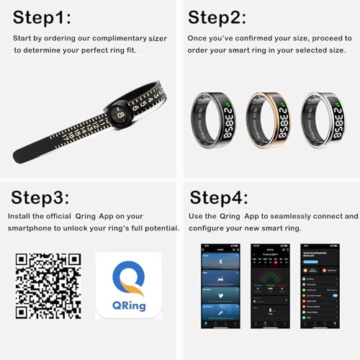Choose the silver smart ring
coord(328,117)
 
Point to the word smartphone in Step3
coord(33,228)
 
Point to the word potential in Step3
coord(159,228)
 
